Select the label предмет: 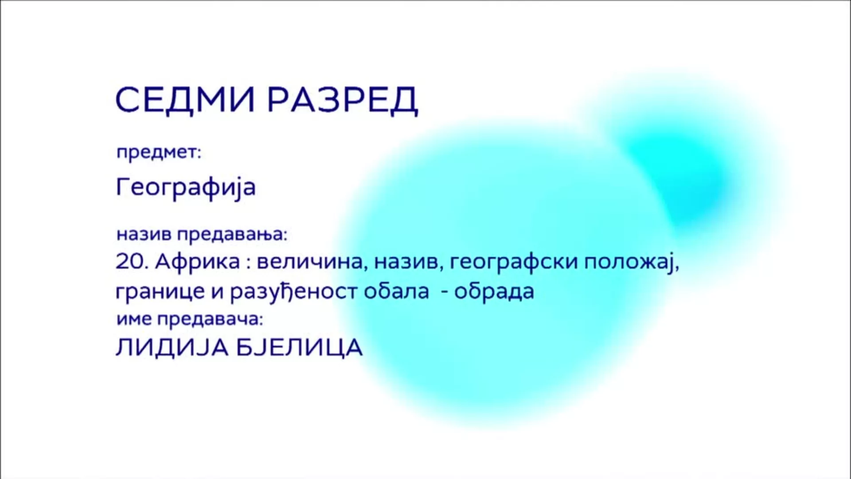159,153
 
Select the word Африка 197,262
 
